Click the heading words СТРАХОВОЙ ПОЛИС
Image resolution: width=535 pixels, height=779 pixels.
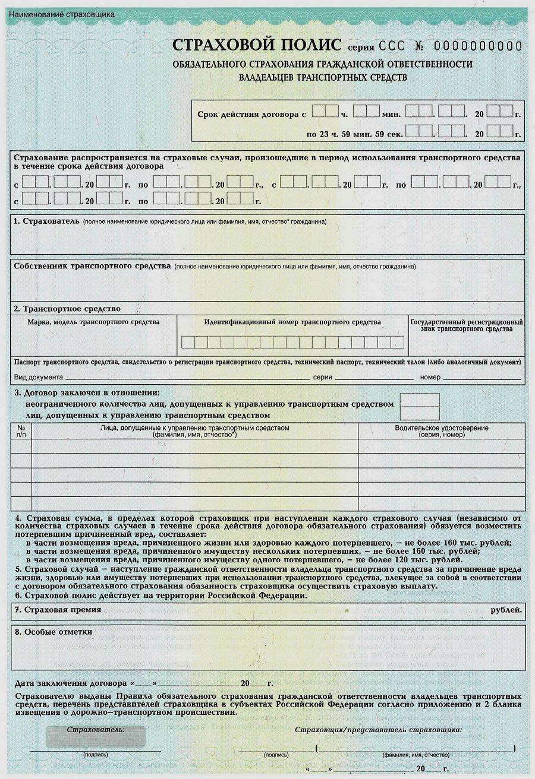pos(257,45)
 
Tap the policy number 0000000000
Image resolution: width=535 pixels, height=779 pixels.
pos(478,46)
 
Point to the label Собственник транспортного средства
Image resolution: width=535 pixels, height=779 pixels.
pos(92,266)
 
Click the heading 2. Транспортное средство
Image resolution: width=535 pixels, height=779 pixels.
pos(67,309)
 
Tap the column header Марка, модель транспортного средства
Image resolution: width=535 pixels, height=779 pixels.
pos(94,322)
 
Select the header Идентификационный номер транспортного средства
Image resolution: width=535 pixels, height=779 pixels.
pos(292,322)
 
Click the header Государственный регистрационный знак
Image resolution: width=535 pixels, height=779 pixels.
pos(467,325)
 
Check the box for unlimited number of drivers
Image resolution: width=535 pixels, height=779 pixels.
pos(420,407)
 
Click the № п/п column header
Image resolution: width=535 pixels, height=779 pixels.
pos(21,431)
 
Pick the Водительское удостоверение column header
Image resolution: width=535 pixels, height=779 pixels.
pos(441,431)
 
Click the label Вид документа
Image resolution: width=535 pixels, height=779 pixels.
pos(38,377)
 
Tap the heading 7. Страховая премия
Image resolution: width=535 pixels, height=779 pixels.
pos(58,609)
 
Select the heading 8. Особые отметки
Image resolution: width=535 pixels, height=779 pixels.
pos(53,632)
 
